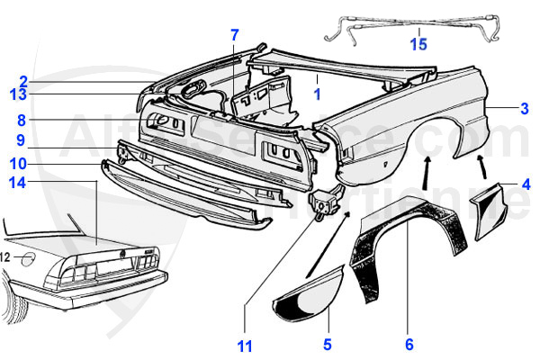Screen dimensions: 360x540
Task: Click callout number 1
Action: [317, 93]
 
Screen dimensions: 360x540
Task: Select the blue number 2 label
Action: [22, 79]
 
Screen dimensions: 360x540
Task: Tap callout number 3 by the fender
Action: [524, 109]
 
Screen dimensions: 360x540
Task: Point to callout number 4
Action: [526, 186]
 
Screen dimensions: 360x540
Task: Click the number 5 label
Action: [328, 344]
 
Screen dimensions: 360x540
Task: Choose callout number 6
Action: [409, 344]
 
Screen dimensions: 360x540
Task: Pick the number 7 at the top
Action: [234, 36]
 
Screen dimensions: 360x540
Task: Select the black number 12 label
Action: [5, 257]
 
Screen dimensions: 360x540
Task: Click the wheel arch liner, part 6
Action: [396, 252]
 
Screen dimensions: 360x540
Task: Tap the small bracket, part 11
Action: [321, 203]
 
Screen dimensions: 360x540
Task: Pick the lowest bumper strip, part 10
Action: [189, 198]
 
